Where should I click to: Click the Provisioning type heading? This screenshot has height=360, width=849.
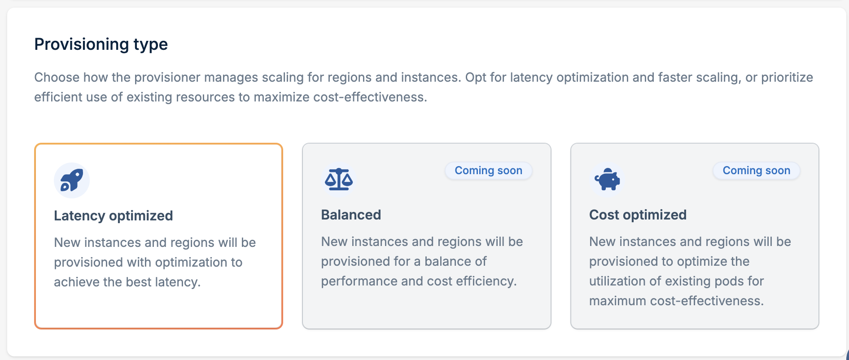[x=101, y=44]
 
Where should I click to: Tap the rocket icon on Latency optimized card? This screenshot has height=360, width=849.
[x=72, y=180]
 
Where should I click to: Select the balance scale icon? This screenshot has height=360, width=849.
[x=339, y=180]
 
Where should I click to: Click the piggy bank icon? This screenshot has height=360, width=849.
[x=607, y=180]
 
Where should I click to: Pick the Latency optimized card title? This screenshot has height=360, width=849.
[x=113, y=216]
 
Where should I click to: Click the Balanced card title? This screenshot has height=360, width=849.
[x=351, y=215]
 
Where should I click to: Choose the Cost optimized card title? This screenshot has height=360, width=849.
[x=638, y=215]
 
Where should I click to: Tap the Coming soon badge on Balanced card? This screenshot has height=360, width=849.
[x=488, y=171]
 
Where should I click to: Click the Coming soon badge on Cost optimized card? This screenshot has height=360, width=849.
[x=756, y=171]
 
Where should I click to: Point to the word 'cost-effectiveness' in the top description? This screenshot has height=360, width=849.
[x=370, y=97]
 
